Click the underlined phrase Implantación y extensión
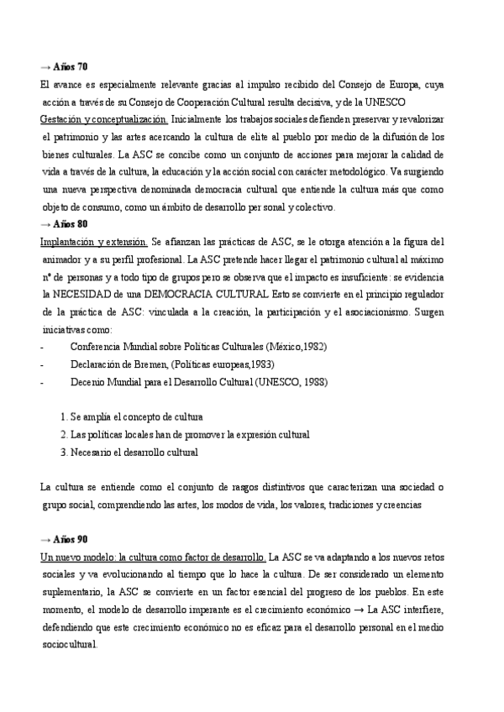tap(94, 242)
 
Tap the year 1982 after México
tap(314, 346)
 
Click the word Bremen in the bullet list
tap(147, 364)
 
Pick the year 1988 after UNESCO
tap(314, 382)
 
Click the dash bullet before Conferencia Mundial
tap(42, 346)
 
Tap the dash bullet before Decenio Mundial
tap(42, 382)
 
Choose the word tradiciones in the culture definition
tap(347, 505)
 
